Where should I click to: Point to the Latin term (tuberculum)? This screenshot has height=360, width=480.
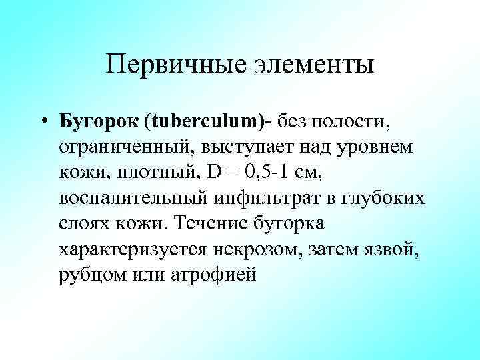click(203, 122)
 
